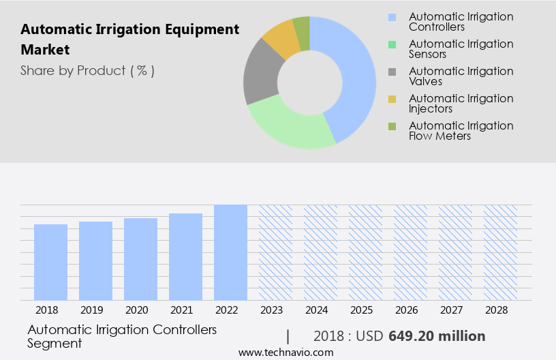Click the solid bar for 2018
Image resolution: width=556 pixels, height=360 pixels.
click(x=50, y=262)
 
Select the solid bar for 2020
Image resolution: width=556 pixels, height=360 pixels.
click(x=140, y=259)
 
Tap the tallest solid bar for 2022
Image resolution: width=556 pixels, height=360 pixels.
click(x=230, y=252)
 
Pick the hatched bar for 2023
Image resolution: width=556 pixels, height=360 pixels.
click(x=275, y=252)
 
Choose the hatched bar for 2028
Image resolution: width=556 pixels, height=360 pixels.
click(x=500, y=252)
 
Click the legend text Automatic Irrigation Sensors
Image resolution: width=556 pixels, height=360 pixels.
click(x=461, y=49)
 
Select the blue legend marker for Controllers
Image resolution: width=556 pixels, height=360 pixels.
click(x=391, y=17)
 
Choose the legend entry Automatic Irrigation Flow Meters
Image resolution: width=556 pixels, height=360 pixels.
click(x=461, y=131)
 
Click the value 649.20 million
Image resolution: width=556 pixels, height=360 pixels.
click(x=437, y=336)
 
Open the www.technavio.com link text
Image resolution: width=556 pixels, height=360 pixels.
click(x=286, y=352)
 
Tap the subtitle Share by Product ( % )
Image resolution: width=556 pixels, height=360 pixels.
click(x=87, y=70)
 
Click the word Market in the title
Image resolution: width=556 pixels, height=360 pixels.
click(x=45, y=50)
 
